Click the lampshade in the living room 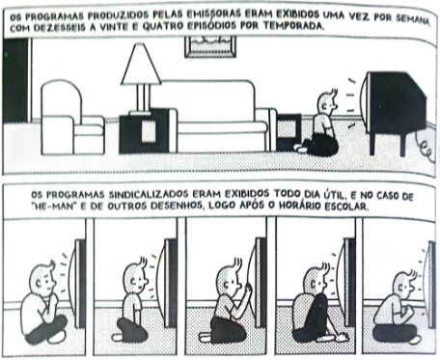point(141,65)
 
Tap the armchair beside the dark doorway point(71,118)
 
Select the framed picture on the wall point(210,47)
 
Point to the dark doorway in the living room point(16,80)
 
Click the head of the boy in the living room point(327,102)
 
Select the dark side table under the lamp point(144,131)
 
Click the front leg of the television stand point(372,144)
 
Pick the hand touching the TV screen point(248,289)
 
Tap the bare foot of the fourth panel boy point(343,338)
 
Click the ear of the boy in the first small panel point(39,284)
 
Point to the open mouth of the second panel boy point(140,287)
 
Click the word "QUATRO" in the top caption point(160,26)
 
